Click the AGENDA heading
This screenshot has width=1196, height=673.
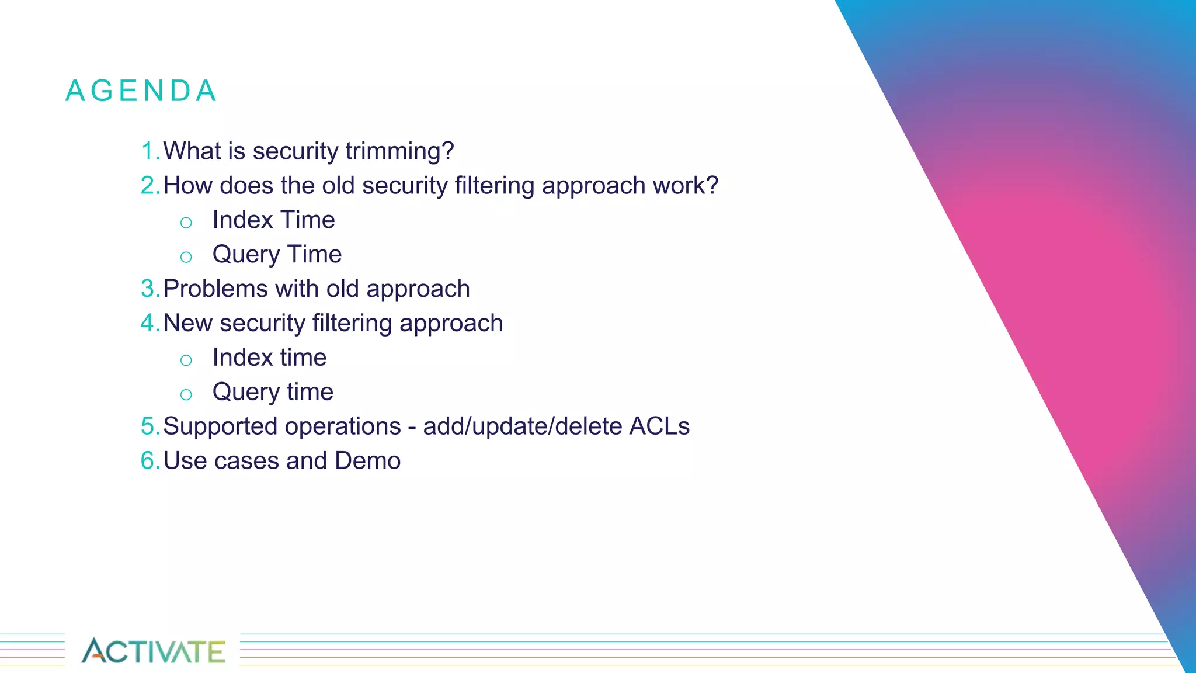tap(141, 91)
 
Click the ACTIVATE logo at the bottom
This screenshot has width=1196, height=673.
tap(153, 651)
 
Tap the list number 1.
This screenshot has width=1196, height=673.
tap(149, 151)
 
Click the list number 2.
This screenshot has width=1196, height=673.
tap(149, 186)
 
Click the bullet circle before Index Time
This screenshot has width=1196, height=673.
tap(186, 223)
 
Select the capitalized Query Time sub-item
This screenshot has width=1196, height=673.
tap(277, 255)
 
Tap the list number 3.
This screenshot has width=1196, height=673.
tap(149, 289)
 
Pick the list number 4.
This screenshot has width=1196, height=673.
tap(149, 324)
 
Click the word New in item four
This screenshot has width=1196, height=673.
tap(187, 324)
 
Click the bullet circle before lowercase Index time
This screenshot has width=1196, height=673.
tap(186, 360)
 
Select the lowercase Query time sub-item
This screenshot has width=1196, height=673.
tap(273, 392)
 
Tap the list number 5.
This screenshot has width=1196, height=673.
tap(149, 426)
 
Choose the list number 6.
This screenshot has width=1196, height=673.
tap(149, 461)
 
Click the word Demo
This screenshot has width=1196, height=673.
tap(367, 461)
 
